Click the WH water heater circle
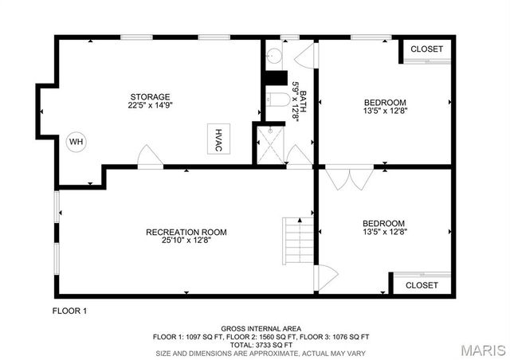[x=76, y=143]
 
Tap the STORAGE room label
[x=150, y=96]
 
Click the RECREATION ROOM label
[x=186, y=233]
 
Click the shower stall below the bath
[x=270, y=143]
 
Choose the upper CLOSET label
[x=426, y=49]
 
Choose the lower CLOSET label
[x=422, y=284]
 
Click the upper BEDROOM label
[x=385, y=102]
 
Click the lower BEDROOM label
[x=383, y=223]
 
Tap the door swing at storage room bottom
[x=148, y=156]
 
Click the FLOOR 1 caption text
[x=69, y=310]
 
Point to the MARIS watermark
[x=481, y=349]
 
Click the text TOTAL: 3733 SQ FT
[x=261, y=345]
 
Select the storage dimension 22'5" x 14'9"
[x=150, y=105]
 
